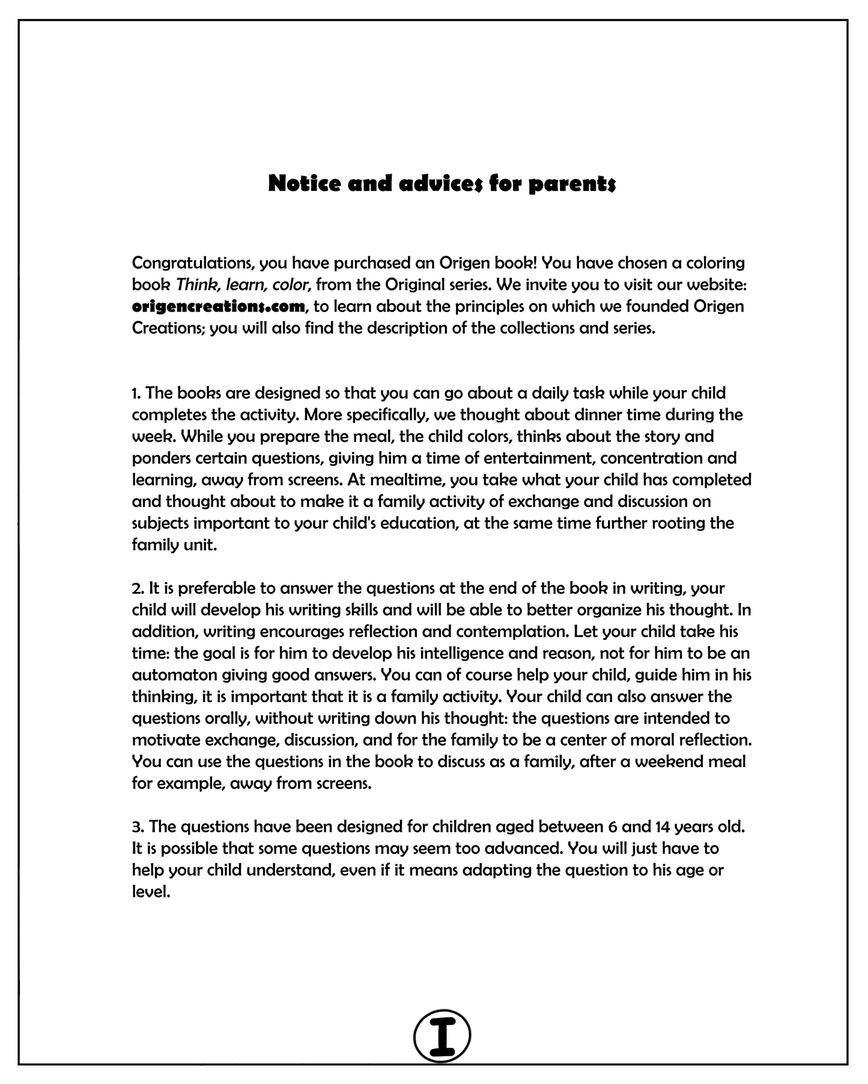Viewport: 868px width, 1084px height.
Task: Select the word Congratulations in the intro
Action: point(192,263)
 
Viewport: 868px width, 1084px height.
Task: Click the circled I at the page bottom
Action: point(442,1036)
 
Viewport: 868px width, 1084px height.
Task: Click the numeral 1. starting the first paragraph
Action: point(136,393)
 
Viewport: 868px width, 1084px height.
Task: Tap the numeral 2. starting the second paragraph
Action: point(138,588)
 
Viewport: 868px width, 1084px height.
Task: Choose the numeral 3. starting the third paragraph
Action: point(138,827)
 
